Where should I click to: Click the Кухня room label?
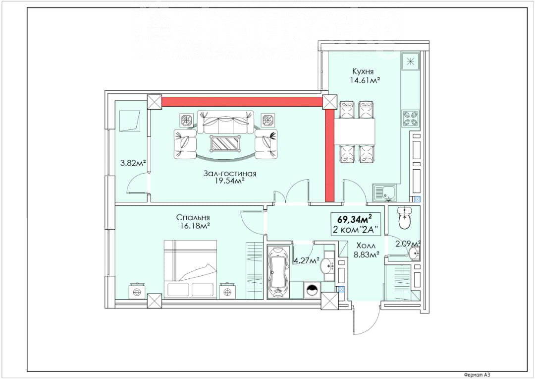click(x=363, y=71)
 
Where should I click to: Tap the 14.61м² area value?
click(x=365, y=80)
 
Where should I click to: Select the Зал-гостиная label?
click(x=230, y=173)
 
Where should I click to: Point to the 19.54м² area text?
click(x=230, y=181)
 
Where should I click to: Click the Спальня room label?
click(x=193, y=217)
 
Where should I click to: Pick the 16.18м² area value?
click(x=193, y=226)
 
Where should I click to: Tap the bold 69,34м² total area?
click(x=354, y=218)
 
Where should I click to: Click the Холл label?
click(x=366, y=246)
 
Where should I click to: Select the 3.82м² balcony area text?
click(x=133, y=163)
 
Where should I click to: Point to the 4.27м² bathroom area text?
click(x=307, y=261)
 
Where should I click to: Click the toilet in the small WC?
click(x=404, y=218)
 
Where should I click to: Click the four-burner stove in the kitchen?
click(x=410, y=118)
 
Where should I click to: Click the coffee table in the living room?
click(x=225, y=143)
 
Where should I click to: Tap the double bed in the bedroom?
click(x=190, y=269)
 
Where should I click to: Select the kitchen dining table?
click(x=355, y=131)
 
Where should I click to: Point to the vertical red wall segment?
click(x=329, y=155)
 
